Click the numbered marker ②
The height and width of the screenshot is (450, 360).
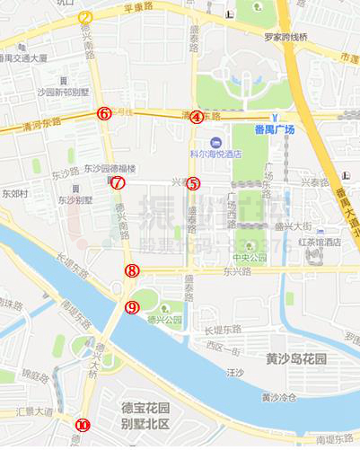(x=85, y=17)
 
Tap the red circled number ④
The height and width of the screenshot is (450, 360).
(x=196, y=116)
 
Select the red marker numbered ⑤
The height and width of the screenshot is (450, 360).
(x=193, y=184)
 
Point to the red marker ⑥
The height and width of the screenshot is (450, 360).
(x=104, y=113)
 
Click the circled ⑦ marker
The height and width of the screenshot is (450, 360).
(x=118, y=183)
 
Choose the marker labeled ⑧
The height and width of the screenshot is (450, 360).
(x=132, y=269)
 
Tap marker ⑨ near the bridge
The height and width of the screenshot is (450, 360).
(x=133, y=308)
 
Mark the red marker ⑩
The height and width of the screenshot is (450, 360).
(x=83, y=425)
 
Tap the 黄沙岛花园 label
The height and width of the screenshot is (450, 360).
(x=298, y=357)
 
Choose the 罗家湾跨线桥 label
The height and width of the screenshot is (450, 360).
(x=285, y=38)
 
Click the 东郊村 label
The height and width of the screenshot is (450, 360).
(x=14, y=193)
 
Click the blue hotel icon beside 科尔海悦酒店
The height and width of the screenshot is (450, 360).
(x=215, y=143)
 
